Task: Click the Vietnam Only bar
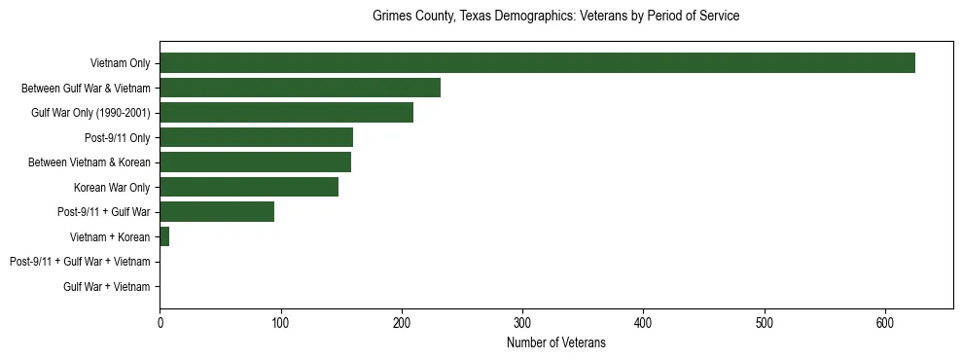(537, 62)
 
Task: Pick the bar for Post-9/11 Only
(256, 137)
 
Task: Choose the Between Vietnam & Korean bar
(255, 162)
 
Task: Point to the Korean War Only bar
(249, 187)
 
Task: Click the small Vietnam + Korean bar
(164, 236)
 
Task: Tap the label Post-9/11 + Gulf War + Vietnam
(80, 262)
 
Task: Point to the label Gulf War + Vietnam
(107, 286)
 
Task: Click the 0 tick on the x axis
(160, 321)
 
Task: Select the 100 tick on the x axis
(280, 321)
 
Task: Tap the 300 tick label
(522, 321)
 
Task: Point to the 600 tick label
(885, 321)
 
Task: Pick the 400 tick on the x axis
(643, 321)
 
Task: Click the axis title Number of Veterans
(555, 342)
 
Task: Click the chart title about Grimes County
(555, 17)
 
